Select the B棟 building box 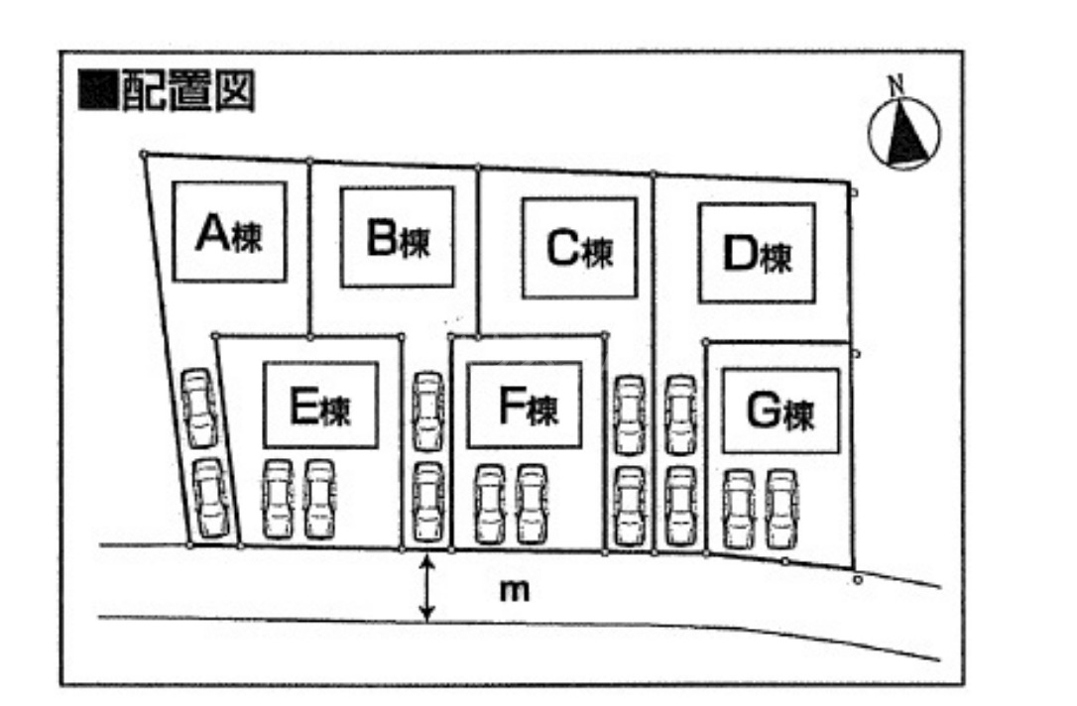(397, 238)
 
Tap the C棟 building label (579, 249)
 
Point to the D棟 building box (757, 254)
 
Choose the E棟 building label (319, 406)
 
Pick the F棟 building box (526, 407)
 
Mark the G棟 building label (779, 412)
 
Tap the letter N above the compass (897, 85)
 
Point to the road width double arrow (426, 589)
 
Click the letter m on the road (513, 591)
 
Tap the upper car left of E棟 (198, 407)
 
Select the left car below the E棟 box (277, 498)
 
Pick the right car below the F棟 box (533, 504)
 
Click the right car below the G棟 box (781, 509)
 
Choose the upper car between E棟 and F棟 (426, 409)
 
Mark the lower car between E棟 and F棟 (426, 501)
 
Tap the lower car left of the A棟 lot (211, 499)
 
